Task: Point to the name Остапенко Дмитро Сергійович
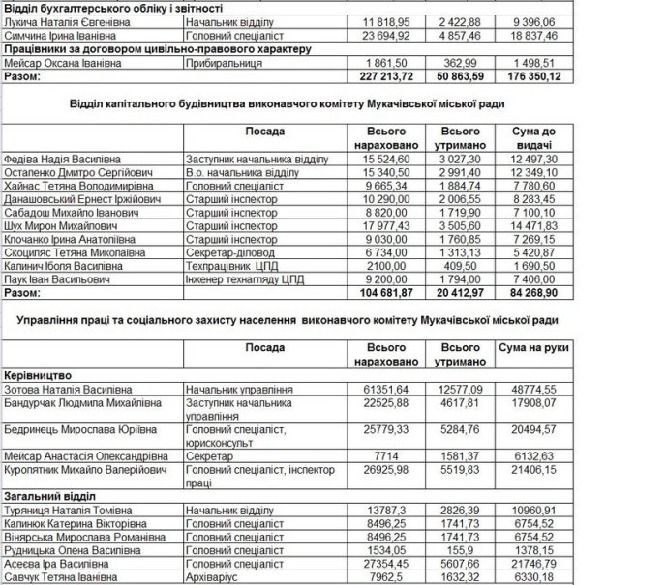point(72,171)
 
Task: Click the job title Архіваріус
point(214,578)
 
